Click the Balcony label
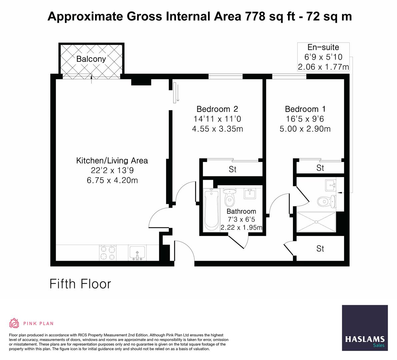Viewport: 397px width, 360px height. [x=91, y=59]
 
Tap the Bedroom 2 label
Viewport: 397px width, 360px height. [x=217, y=109]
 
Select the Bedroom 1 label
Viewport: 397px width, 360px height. [x=305, y=109]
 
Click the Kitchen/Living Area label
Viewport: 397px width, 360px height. [x=112, y=160]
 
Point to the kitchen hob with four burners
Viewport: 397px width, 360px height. [x=108, y=253]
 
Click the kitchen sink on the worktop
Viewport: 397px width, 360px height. [x=137, y=253]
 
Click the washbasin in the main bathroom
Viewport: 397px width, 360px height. [x=250, y=194]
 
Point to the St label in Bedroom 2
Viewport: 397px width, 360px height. [x=232, y=169]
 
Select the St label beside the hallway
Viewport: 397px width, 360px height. [x=320, y=249]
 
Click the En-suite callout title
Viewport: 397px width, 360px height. [x=323, y=47]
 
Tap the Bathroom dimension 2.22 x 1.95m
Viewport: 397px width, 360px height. [x=241, y=227]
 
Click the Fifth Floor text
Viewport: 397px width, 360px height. [x=80, y=284]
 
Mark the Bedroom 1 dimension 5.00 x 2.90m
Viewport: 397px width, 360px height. [x=305, y=129]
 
